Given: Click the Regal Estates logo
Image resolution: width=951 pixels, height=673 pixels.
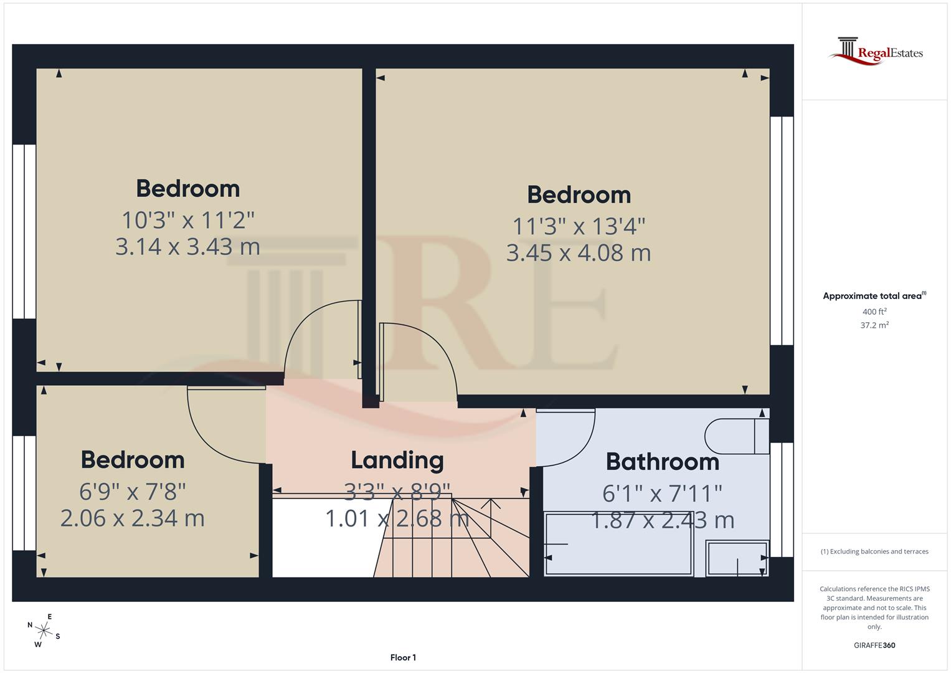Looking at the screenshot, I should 875,52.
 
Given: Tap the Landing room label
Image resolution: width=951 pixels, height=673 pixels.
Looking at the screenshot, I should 397,461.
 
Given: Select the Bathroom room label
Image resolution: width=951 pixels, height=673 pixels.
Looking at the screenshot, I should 662,462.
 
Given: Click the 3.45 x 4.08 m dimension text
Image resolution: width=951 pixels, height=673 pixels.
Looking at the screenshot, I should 579,253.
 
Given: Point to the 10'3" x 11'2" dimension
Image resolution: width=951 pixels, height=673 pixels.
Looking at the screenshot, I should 188,220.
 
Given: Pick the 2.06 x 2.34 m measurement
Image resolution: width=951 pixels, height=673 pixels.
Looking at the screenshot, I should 132,518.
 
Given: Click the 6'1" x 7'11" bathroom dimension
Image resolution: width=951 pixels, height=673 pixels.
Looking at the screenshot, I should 662,494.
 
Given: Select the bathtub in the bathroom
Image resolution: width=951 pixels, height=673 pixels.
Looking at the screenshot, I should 618,543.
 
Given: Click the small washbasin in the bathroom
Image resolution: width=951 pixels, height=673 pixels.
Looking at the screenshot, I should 737,558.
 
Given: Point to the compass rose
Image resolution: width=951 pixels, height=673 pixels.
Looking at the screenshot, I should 44,630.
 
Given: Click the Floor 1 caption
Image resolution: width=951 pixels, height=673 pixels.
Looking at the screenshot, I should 403,657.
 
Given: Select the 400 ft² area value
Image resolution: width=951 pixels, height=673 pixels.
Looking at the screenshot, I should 874,312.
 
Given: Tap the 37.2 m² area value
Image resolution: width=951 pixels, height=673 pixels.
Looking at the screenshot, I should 874,325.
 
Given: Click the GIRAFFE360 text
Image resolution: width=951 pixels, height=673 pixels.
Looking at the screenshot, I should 874,645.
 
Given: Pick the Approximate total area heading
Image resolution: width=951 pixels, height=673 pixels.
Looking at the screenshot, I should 874,296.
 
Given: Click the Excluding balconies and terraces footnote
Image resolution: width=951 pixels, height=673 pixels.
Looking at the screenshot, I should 874,551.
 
